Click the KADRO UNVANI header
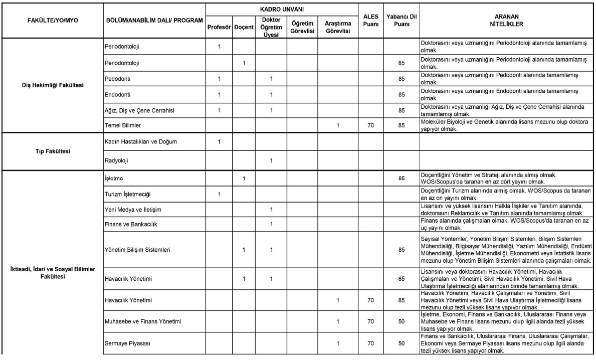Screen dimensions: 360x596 pos(281,9)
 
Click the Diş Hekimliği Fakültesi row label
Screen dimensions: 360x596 pos(52,84)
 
